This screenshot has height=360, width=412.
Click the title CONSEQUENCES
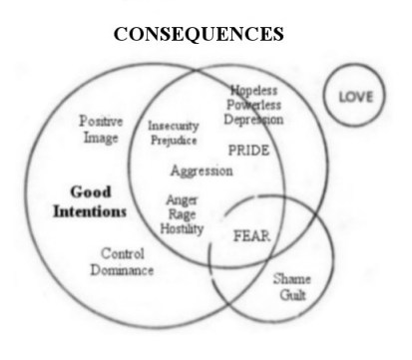[x=200, y=33]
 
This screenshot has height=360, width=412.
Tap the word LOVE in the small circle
[x=354, y=98]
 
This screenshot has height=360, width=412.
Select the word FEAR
[x=251, y=237]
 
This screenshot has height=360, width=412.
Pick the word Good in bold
[x=91, y=191]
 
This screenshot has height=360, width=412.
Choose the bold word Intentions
[x=91, y=211]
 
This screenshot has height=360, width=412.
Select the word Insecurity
[x=175, y=127]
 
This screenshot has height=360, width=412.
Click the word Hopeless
[x=253, y=90]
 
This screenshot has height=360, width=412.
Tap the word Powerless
[x=253, y=105]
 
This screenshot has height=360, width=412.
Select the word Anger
[x=183, y=199]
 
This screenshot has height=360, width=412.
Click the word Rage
[x=183, y=213]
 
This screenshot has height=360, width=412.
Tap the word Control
[x=123, y=253]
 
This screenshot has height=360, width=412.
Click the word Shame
[x=291, y=280]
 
